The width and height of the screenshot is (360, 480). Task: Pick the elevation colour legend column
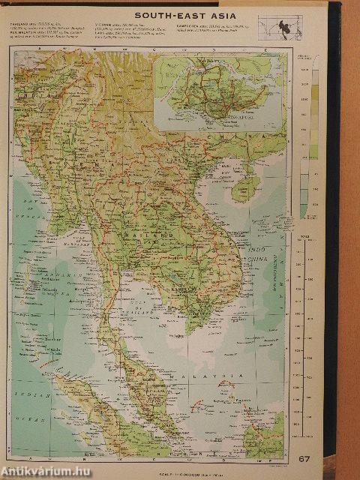click(x=314, y=142)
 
